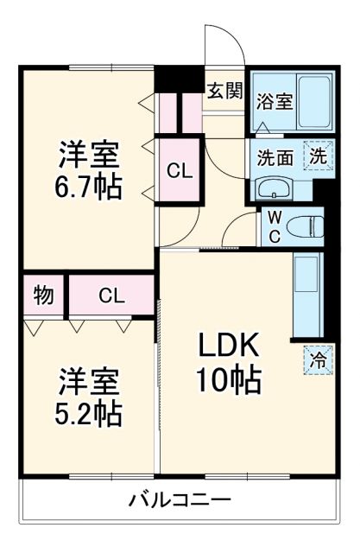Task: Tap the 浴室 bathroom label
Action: tap(274, 101)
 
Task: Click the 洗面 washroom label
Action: tap(274, 158)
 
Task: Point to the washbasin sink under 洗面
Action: tap(275, 187)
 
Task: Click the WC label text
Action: tap(272, 226)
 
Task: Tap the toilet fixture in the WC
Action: tap(305, 226)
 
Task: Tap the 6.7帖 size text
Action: tap(90, 184)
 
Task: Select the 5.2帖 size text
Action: tap(90, 412)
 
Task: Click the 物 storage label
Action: tap(44, 296)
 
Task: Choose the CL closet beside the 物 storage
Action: tap(111, 296)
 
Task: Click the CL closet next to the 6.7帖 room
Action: tap(180, 171)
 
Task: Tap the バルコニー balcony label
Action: tap(180, 499)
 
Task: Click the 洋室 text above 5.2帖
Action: tap(90, 379)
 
